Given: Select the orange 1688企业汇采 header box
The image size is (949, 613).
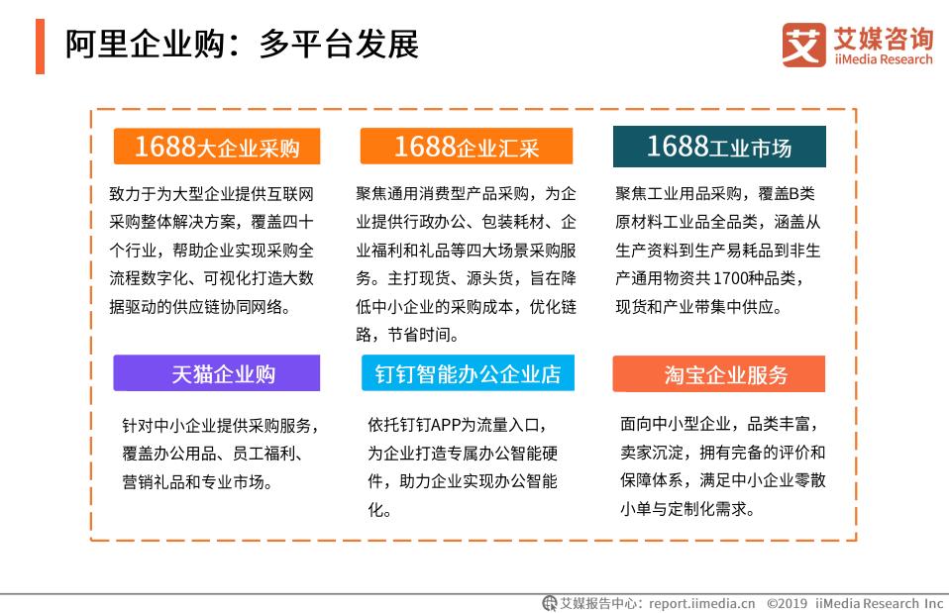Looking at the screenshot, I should [x=466, y=147].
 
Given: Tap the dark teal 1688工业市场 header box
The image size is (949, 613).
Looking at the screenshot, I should [x=718, y=147].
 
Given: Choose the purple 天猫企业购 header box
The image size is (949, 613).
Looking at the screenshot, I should [x=217, y=373].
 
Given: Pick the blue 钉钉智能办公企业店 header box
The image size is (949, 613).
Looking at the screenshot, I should [x=467, y=373].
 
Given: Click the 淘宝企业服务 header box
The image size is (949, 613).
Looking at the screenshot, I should [x=718, y=373].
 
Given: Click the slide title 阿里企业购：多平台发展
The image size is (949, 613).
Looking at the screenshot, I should [x=242, y=45].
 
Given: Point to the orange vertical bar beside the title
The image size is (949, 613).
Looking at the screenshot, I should [x=40, y=46].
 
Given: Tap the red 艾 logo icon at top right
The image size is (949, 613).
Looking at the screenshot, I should [x=804, y=45].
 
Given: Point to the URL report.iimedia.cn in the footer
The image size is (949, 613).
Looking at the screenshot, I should [x=702, y=601].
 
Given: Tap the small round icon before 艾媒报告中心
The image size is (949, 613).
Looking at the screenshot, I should [x=549, y=601].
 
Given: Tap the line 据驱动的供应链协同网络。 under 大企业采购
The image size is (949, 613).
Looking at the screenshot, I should [x=201, y=306].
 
